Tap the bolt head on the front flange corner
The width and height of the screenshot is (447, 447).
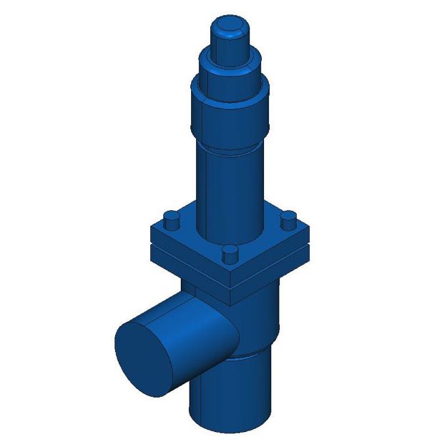[x=230, y=254]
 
